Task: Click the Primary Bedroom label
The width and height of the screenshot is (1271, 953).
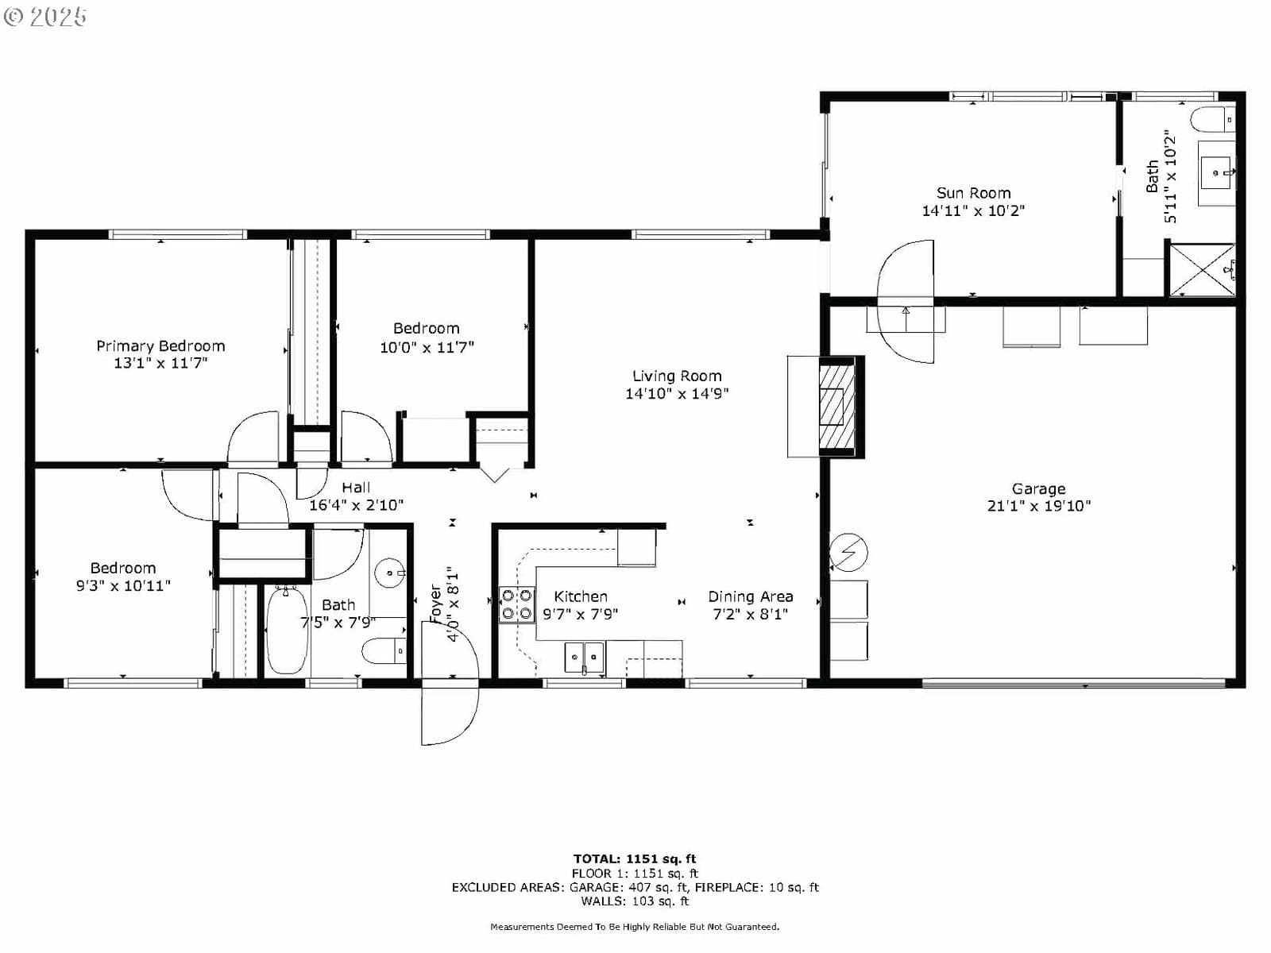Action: (160, 346)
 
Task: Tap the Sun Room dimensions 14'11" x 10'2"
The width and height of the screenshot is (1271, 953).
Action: (973, 210)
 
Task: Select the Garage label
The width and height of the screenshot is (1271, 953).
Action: (1038, 489)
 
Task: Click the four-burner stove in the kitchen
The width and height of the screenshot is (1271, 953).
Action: (517, 604)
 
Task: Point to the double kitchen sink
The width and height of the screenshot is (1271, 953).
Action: (585, 658)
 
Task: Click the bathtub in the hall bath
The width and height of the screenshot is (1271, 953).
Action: (288, 631)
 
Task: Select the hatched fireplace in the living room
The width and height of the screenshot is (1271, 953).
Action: (838, 407)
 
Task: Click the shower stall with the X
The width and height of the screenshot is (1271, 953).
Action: (1202, 270)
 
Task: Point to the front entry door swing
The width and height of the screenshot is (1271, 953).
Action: (450, 683)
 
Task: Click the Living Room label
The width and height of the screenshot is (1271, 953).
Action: (676, 376)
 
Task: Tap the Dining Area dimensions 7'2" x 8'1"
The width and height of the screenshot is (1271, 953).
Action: (750, 614)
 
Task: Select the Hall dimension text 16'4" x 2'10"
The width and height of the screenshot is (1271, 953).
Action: (356, 505)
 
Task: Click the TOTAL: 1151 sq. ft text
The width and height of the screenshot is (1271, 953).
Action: (635, 858)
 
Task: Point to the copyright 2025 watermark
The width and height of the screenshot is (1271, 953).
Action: (45, 16)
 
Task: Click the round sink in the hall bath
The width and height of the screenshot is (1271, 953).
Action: (390, 573)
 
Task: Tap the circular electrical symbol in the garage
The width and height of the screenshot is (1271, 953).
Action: (848, 552)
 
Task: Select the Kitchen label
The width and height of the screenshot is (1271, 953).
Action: (580, 596)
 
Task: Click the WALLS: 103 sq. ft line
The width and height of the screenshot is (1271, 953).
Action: (635, 901)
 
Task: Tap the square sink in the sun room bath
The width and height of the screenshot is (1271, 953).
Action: (1216, 172)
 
